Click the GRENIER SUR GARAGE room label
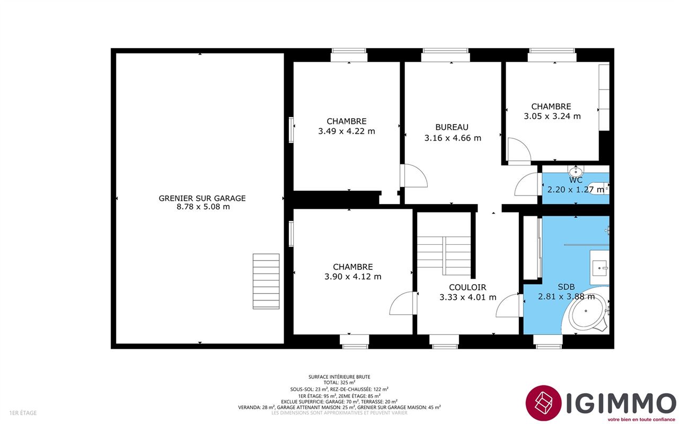point(202,198)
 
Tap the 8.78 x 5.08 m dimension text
point(203,207)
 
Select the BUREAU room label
point(452,127)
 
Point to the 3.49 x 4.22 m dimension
point(347,131)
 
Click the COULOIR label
point(468,287)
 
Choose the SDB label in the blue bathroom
point(566,287)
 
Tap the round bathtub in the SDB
point(587,311)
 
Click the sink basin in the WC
point(575,171)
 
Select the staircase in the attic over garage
point(266,281)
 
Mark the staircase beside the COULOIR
point(444,255)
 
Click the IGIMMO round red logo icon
point(543,403)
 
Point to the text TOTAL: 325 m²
point(339,383)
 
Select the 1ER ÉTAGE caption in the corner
point(23,413)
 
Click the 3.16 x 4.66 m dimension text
point(453,138)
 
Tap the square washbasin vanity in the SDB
point(599,268)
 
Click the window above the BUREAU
point(446,55)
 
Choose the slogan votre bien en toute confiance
point(641,419)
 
